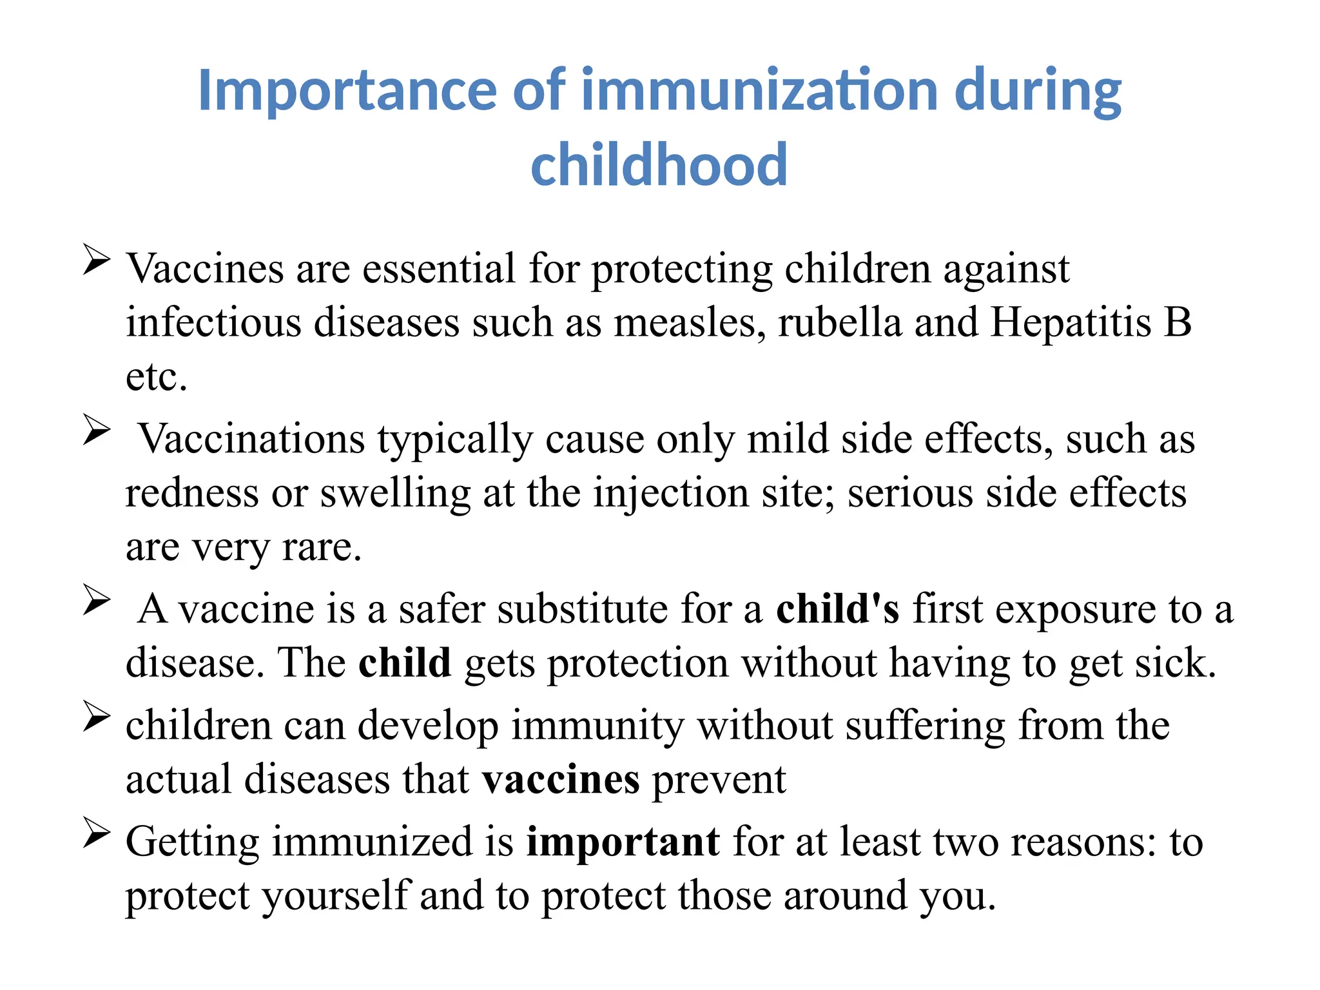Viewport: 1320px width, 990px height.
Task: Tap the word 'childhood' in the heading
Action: tap(659, 165)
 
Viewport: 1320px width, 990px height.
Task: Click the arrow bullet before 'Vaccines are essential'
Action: tap(97, 260)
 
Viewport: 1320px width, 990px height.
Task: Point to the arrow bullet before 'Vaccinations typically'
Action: tap(97, 431)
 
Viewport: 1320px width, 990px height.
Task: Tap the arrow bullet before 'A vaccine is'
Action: tap(97, 601)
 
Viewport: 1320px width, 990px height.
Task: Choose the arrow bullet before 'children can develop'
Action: tap(97, 717)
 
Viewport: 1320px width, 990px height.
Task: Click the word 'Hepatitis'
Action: tap(1071, 322)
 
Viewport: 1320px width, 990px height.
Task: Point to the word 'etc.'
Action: tap(157, 377)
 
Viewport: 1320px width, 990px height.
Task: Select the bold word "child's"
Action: tap(837, 608)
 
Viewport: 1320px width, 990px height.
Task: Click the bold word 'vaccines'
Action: tap(561, 780)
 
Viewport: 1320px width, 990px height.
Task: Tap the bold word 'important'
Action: tap(623, 842)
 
